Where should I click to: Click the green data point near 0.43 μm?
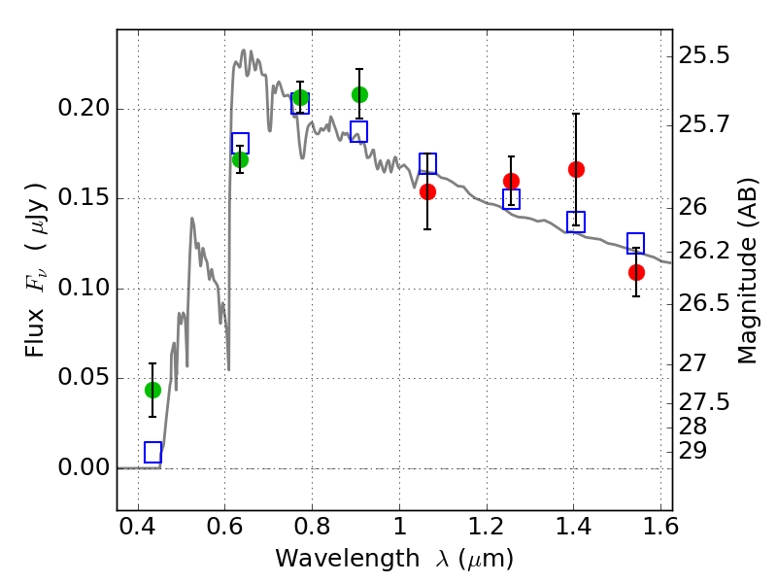(x=153, y=391)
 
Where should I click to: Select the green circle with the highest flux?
(x=359, y=94)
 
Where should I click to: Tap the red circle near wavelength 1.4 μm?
(x=576, y=169)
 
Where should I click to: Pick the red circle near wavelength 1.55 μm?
(x=636, y=272)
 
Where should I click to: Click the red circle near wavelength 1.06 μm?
(x=427, y=191)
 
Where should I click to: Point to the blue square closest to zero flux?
(x=153, y=452)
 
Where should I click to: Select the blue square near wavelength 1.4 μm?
(x=576, y=222)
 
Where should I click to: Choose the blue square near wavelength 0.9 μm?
(x=358, y=132)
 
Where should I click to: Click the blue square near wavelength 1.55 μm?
(x=635, y=243)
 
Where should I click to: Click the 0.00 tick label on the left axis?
(x=84, y=467)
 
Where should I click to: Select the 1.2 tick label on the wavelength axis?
(x=487, y=527)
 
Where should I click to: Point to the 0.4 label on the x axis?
(x=138, y=527)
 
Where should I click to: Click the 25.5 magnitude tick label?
(x=704, y=55)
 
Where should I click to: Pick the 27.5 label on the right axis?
(x=704, y=402)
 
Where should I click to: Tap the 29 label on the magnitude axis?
(x=693, y=451)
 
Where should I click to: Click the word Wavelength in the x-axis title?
(x=348, y=559)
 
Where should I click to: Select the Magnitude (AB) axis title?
(x=747, y=271)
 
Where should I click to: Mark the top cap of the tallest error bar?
(x=576, y=114)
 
